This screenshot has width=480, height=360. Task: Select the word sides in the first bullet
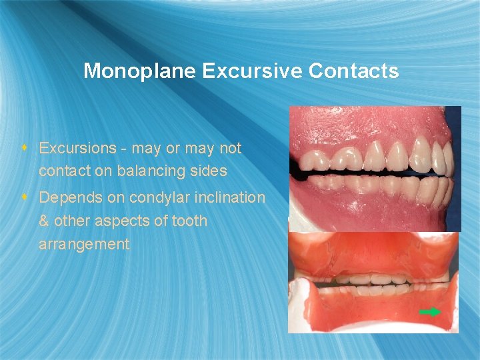208,171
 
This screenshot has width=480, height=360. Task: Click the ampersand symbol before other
44,221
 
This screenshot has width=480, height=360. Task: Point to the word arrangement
84,244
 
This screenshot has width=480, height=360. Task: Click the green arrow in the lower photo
430,311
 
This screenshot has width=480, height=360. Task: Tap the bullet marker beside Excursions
24,147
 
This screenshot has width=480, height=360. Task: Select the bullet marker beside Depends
24,197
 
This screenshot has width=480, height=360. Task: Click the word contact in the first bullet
65,171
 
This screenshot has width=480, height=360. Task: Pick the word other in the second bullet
73,221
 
